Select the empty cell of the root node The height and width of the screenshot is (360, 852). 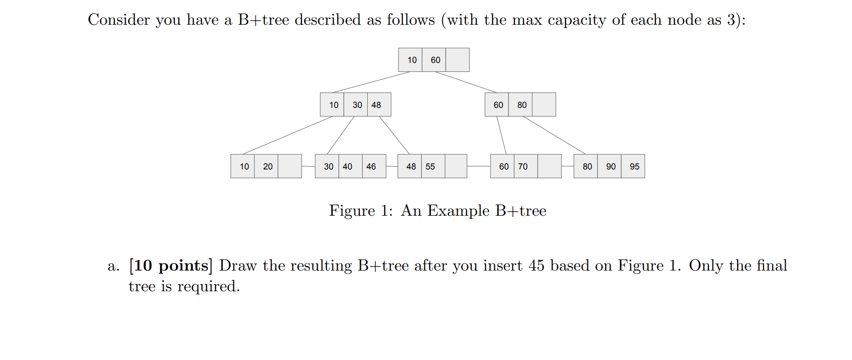457,60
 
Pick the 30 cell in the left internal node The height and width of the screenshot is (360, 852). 356,105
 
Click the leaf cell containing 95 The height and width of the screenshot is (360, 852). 633,166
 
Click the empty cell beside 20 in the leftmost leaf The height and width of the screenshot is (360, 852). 290,166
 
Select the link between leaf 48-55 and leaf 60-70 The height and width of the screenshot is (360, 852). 479,166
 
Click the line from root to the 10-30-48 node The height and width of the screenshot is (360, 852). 371,82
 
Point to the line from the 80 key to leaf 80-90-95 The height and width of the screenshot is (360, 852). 554,135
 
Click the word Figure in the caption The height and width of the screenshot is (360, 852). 352,210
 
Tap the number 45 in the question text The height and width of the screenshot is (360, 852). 536,266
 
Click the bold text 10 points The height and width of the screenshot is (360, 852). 171,266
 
